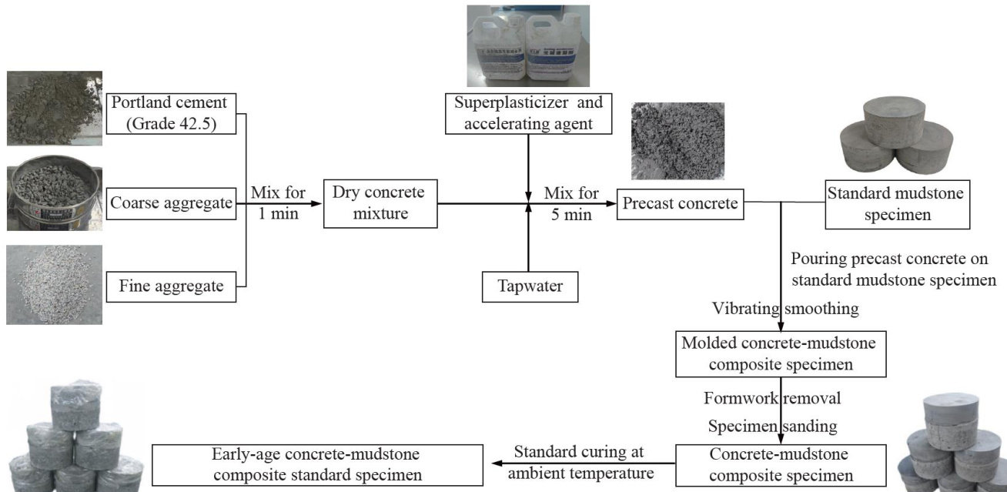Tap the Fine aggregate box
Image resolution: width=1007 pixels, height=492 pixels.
pos(171,287)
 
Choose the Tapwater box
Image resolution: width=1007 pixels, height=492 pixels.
pos(528,286)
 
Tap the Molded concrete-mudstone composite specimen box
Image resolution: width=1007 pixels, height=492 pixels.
pos(780,353)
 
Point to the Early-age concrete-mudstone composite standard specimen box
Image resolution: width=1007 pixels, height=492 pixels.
pos(317,464)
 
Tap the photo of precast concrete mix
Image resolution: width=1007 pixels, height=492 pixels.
pos(677,141)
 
